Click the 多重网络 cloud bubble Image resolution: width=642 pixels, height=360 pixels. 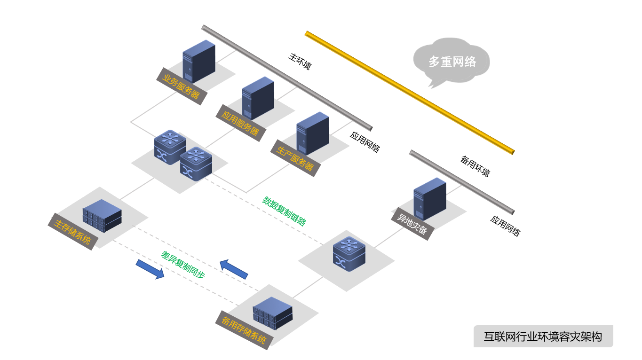(x=452, y=61)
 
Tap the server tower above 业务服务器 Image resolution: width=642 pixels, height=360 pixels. (x=198, y=61)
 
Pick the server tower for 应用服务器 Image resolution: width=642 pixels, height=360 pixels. (x=258, y=98)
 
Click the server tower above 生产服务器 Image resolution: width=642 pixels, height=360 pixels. (x=312, y=133)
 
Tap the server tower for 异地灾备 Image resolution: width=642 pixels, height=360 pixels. (x=429, y=199)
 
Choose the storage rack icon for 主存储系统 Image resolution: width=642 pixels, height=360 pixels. (x=102, y=216)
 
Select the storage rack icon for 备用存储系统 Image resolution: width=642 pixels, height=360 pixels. (x=273, y=313)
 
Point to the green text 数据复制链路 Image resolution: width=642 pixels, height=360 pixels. (x=284, y=211)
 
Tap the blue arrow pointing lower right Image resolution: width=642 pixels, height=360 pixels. (x=150, y=269)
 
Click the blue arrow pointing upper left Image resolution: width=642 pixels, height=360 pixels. (x=234, y=269)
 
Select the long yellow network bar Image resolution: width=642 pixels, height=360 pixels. (x=409, y=92)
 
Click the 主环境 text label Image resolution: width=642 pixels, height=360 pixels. (x=300, y=61)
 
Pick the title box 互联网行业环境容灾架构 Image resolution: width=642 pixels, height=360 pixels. (x=543, y=337)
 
